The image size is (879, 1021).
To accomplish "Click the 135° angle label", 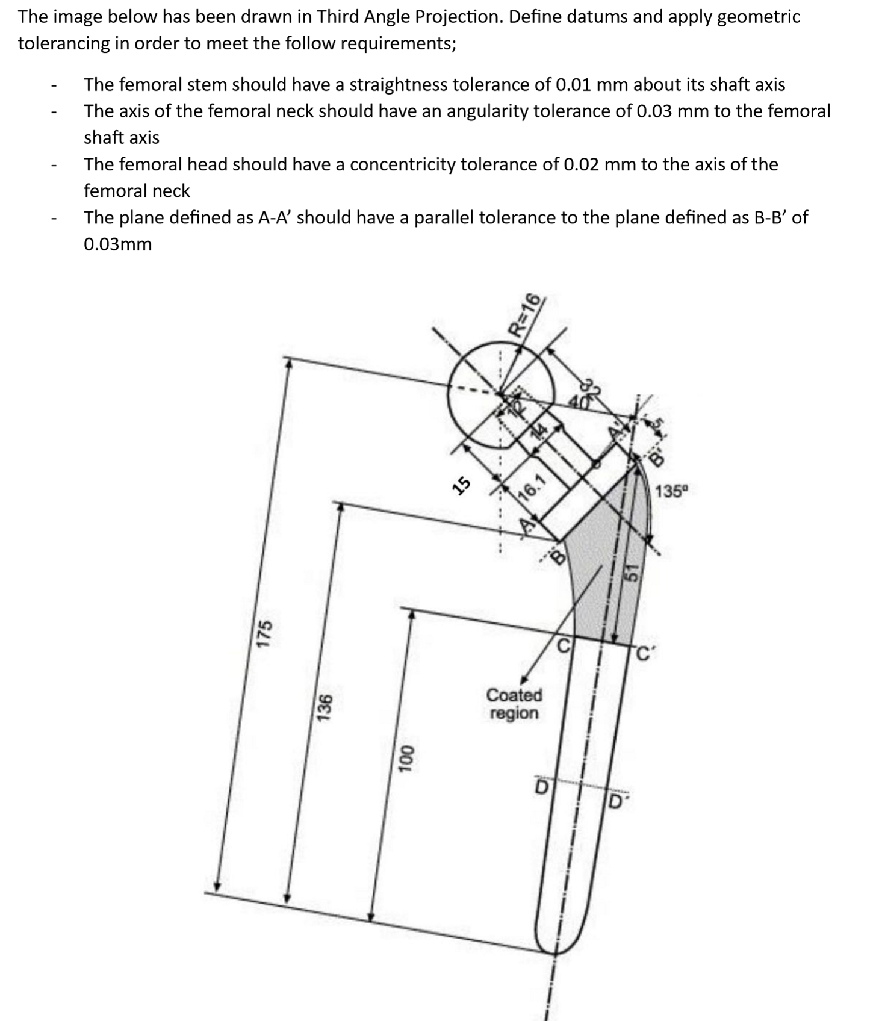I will [671, 491].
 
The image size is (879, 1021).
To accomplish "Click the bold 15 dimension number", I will [462, 485].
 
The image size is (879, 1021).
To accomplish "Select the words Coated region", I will [514, 704].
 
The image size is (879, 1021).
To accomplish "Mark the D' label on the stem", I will [615, 802].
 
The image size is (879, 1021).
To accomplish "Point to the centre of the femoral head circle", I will [500, 394].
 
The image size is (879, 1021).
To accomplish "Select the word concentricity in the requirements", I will [402, 164].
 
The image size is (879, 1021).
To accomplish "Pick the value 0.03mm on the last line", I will [117, 244].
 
